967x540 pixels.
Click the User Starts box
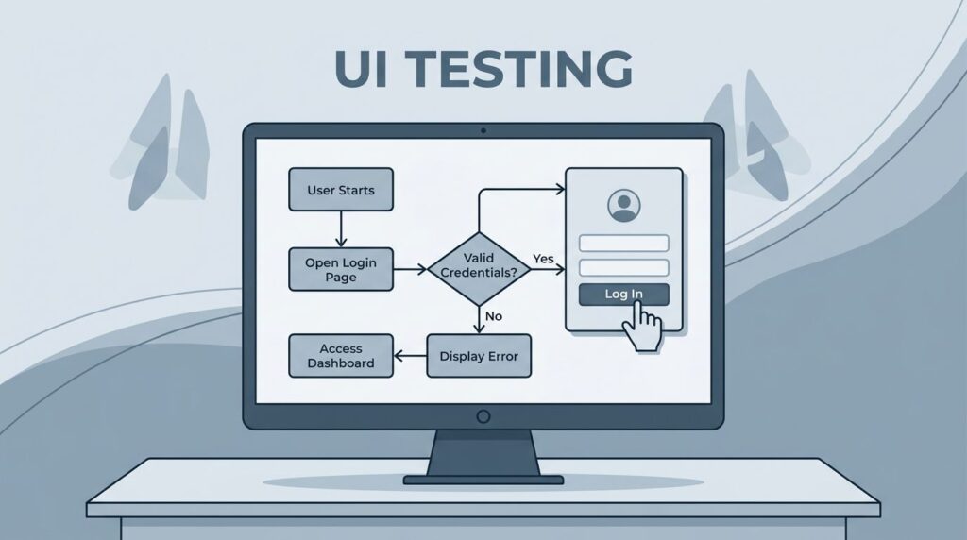pos(340,189)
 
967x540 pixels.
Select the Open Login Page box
pos(340,269)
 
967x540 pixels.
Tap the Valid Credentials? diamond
pos(479,269)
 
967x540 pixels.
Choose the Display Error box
pos(479,356)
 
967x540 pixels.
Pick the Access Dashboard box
pos(340,356)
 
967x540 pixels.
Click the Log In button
pos(623,294)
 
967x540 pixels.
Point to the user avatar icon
pos(623,205)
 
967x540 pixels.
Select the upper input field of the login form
pos(623,243)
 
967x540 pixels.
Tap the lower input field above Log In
pos(623,267)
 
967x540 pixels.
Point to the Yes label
pos(543,259)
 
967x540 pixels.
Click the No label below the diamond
pos(494,316)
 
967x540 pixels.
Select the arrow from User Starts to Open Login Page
pos(341,229)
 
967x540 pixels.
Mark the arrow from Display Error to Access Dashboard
pos(410,356)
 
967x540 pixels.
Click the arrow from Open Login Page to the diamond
pos(410,269)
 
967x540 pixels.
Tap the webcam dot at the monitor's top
pos(483,130)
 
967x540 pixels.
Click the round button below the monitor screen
pos(483,416)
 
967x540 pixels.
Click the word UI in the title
pos(361,68)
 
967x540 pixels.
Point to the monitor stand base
pos(483,480)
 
